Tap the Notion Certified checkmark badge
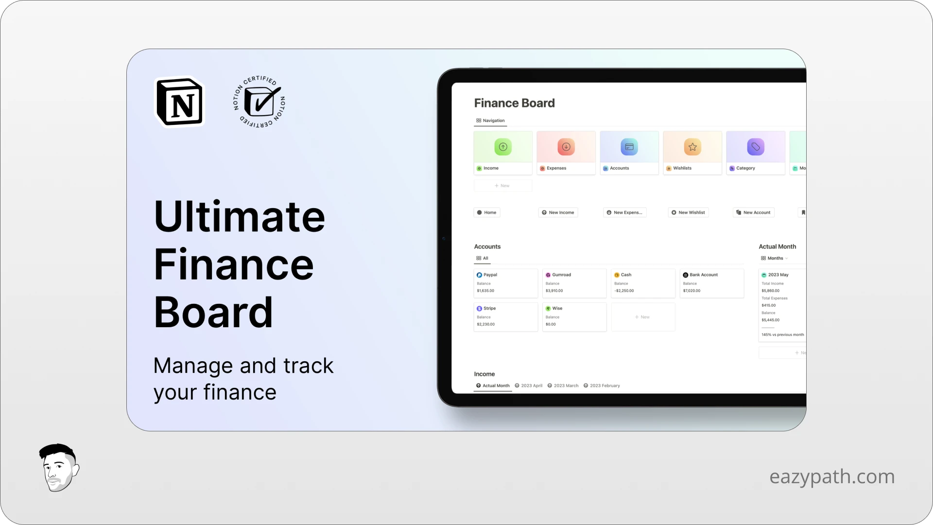coord(259,102)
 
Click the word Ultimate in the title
coord(239,217)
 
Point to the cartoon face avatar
coord(58,468)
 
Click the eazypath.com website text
coord(831,476)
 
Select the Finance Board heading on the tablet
coord(514,103)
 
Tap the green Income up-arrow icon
coord(503,147)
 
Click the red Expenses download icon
coord(566,147)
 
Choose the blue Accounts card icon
coord(629,147)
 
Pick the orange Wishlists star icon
coord(692,147)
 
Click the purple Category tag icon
coord(756,147)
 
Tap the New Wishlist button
coord(688,212)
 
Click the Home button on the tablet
coord(487,212)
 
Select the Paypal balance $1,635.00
coord(485,291)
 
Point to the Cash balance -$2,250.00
coord(624,291)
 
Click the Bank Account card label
coord(703,275)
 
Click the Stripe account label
coord(489,308)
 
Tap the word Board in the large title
coord(213,312)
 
